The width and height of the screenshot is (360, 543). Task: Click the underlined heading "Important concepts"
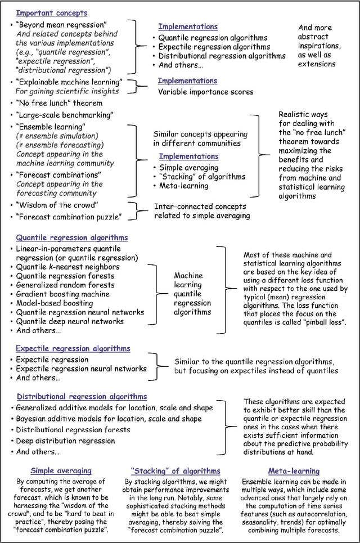point(51,12)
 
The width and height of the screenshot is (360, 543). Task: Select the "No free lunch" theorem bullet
point(59,103)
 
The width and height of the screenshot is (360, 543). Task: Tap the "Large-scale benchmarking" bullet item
point(65,115)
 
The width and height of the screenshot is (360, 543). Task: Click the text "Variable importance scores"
point(205,92)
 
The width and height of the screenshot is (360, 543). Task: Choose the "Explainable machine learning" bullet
point(70,82)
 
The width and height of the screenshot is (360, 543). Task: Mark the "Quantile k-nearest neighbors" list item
point(67,267)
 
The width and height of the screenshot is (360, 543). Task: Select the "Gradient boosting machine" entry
point(62,294)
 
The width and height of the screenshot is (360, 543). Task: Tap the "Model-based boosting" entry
point(55,303)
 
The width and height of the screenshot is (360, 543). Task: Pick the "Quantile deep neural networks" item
point(70,321)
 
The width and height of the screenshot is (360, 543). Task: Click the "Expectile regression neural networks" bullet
point(81,369)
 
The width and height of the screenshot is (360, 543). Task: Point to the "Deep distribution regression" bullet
point(66,441)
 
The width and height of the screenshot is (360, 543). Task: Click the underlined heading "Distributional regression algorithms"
point(82,397)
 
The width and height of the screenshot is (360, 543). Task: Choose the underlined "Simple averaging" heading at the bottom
point(61,470)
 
